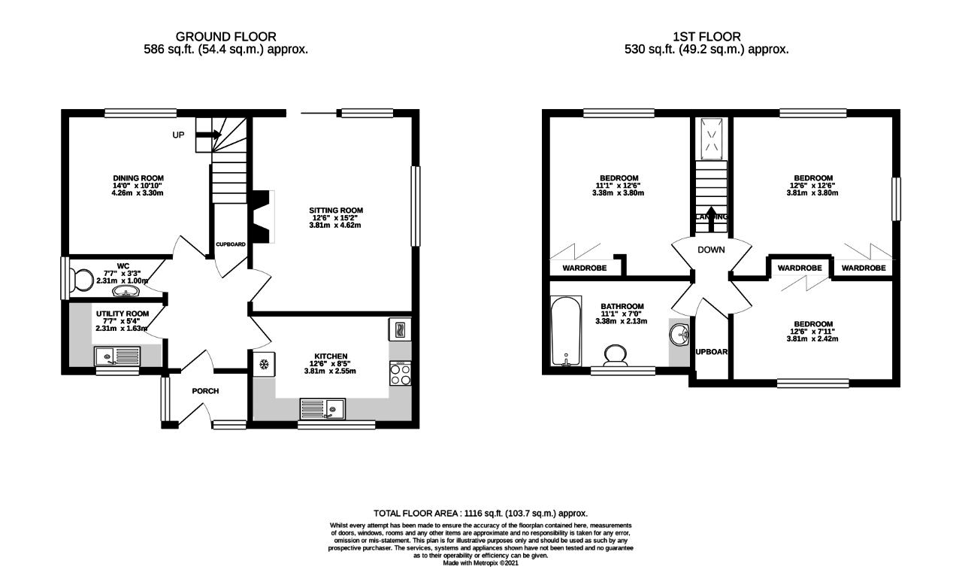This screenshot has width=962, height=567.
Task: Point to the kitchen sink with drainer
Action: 322,409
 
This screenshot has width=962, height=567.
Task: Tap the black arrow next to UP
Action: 210,135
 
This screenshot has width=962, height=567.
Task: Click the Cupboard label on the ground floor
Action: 231,244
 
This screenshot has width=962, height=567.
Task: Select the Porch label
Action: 205,391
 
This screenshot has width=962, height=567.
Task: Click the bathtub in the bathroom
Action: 565,329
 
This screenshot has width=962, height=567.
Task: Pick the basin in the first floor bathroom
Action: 680,333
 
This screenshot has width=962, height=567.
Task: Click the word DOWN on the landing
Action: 710,250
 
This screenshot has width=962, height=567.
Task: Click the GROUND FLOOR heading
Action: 225,36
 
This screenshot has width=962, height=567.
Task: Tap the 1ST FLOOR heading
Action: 706,36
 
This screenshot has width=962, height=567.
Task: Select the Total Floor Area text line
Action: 480,513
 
